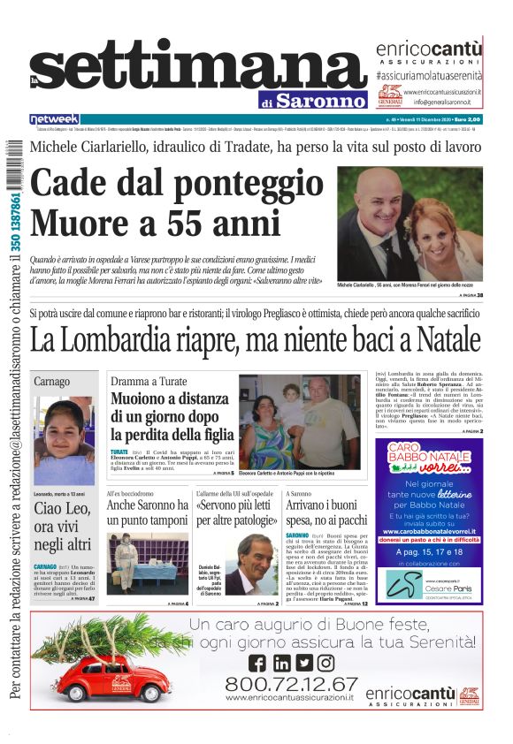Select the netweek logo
pyautogui.click(x=54, y=119)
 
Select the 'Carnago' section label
pyautogui.click(x=52, y=381)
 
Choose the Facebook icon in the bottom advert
pyautogui.click(x=257, y=663)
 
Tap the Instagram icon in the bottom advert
pyautogui.click(x=325, y=663)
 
